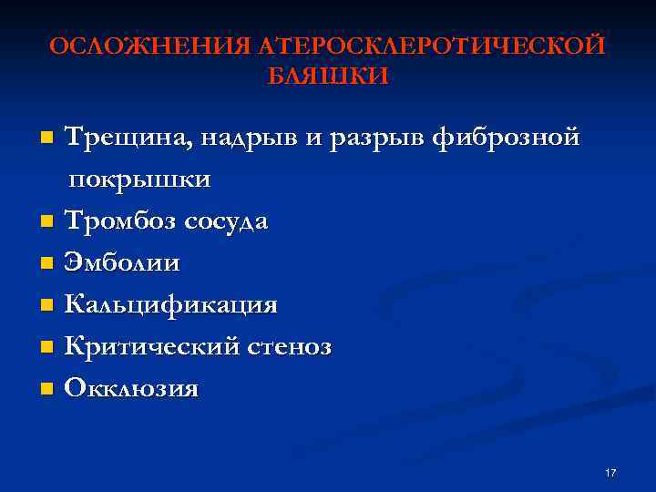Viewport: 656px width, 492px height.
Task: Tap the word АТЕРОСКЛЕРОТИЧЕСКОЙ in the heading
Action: pos(432,46)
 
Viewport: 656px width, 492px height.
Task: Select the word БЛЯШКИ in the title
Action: pos(327,77)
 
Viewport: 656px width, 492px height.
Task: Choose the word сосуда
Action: pos(226,222)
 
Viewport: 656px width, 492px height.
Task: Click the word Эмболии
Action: pos(122,263)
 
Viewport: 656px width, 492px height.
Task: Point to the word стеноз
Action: pos(293,347)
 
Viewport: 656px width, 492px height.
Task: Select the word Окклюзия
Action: pos(131,389)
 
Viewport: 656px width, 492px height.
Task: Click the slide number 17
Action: pos(610,473)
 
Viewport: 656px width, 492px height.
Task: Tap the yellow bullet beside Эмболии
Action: pos(47,264)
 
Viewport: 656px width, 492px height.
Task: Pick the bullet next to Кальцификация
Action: pos(47,306)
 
